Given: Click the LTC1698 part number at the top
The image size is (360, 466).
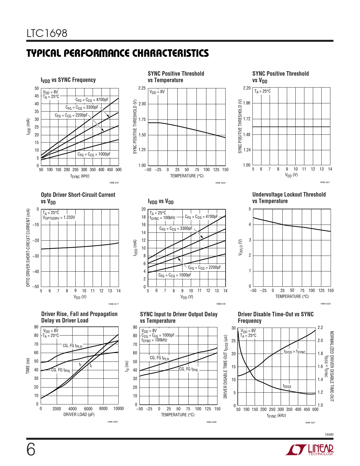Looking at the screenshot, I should tap(47, 33).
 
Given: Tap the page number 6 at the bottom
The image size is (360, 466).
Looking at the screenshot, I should tap(31, 449).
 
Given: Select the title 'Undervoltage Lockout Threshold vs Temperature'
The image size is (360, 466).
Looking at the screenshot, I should tap(289, 198).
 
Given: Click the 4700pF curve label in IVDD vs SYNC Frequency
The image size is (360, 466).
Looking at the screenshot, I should tap(92, 100).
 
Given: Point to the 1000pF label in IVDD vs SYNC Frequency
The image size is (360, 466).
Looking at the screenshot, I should tap(94, 154).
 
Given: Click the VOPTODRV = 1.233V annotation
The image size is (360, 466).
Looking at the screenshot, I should tap(59, 218).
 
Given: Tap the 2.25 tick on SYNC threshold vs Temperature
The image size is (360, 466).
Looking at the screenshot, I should tap(142, 88).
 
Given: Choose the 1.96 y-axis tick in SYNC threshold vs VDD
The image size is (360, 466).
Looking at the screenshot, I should tap(246, 103).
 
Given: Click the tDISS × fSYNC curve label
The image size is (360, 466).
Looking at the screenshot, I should tap(294, 352).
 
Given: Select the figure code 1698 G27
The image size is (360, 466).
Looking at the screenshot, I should tap(310, 423).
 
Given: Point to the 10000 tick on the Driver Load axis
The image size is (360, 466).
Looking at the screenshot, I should tap(118, 409).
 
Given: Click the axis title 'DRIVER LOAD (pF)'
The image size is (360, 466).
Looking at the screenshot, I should tap(79, 415).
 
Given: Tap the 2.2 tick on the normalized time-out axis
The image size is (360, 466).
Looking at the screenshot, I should tap(320, 328).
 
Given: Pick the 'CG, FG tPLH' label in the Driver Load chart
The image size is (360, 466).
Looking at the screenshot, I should tap(72, 346).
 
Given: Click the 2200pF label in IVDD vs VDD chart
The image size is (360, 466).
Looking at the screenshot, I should tap(204, 268).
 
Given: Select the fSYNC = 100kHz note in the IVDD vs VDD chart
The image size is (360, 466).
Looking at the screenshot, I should tap(162, 218).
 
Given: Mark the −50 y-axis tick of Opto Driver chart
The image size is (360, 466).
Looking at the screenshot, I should tap(36, 286).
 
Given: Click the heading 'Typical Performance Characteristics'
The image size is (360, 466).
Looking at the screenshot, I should tap(117, 53).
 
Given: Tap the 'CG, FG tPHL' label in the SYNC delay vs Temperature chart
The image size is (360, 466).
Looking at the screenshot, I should tap(189, 369).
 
